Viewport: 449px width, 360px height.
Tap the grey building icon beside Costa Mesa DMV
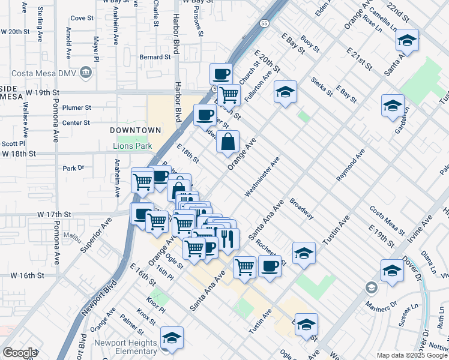(x=86, y=73)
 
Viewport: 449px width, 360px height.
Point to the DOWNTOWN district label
(x=135, y=130)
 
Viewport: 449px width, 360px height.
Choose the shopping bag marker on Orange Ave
(x=228, y=143)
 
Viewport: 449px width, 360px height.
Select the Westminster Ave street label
(x=262, y=177)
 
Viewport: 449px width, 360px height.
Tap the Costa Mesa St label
(x=387, y=220)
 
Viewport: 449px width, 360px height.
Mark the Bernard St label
(x=155, y=57)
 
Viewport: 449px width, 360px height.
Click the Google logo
(x=20, y=353)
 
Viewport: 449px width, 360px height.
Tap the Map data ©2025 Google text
(x=412, y=356)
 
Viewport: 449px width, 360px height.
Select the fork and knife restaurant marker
(x=228, y=238)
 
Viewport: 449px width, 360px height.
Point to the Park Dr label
(x=74, y=168)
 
